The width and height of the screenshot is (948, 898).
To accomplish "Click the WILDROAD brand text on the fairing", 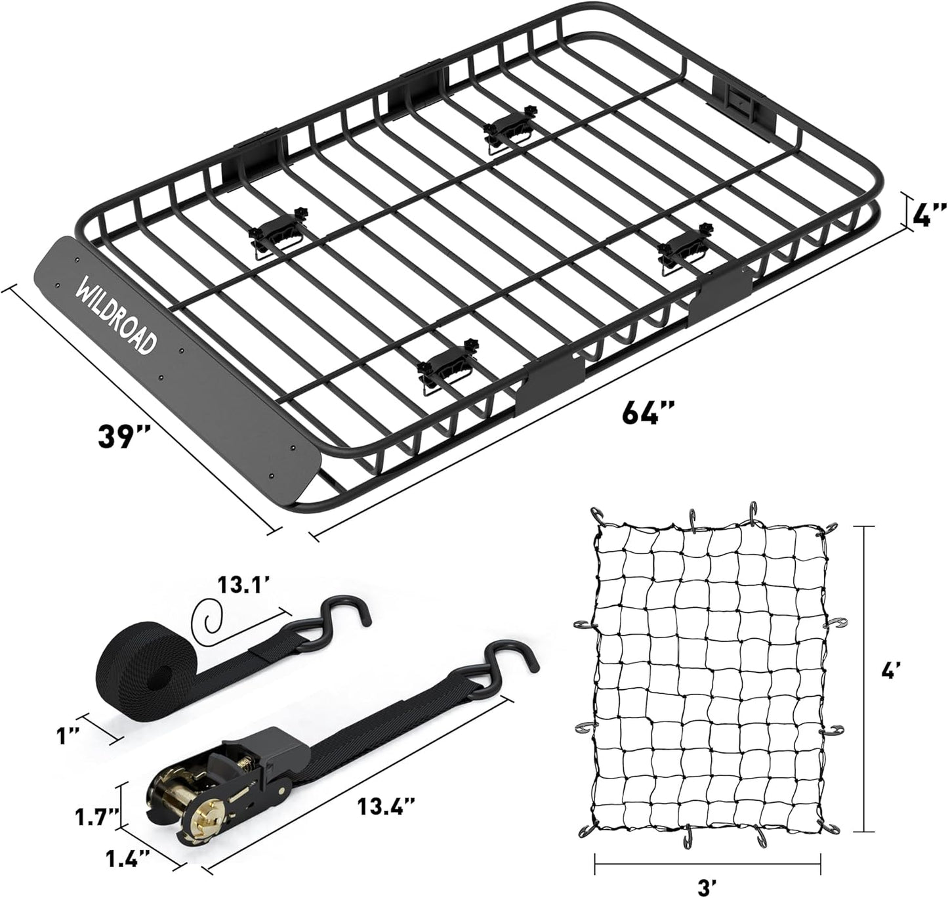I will coord(117,318).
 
